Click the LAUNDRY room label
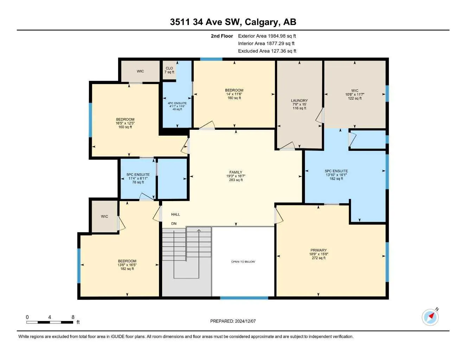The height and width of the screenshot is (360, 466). tap(299, 101)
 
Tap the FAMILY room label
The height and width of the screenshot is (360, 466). tap(236, 172)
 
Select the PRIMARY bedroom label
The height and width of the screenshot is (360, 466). tap(318, 250)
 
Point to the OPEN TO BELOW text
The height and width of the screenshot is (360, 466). tap(243, 262)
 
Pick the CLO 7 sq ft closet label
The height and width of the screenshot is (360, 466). tap(169, 70)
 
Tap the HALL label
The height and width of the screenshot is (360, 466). tap(175, 214)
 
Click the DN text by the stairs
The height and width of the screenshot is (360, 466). tap(174, 224)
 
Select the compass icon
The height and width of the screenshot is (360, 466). tap(430, 317)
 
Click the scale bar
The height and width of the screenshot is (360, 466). tap(50, 322)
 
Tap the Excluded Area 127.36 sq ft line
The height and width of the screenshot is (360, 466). tap(267, 51)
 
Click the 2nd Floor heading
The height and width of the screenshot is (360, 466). tap(222, 36)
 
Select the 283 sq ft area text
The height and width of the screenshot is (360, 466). tap(236, 180)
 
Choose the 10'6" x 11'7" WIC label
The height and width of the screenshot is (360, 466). tap(355, 95)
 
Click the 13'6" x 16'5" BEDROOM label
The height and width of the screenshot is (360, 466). tap(127, 265)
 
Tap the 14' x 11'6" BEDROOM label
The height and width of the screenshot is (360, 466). tap(234, 94)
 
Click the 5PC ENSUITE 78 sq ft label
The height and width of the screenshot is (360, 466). tap(138, 178)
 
